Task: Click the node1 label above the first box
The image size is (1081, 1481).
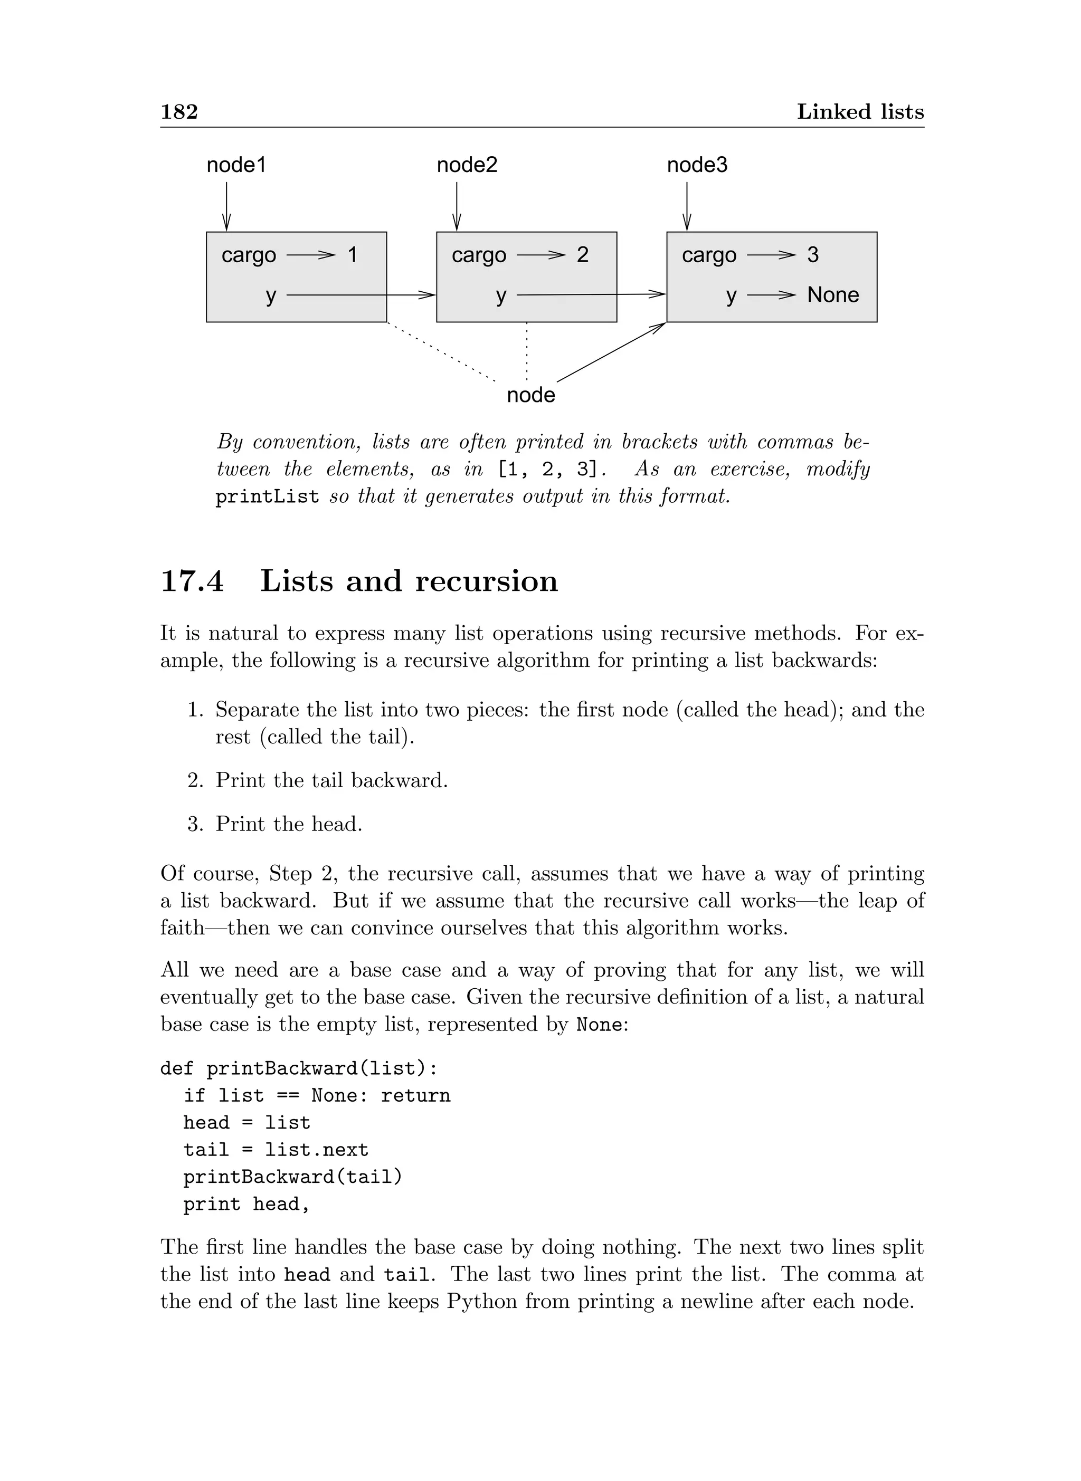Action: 236,165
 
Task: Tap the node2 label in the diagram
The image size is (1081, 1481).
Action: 467,165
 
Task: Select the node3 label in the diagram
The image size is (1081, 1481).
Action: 697,165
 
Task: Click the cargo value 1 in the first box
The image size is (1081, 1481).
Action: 353,254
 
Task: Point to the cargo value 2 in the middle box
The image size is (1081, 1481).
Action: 582,254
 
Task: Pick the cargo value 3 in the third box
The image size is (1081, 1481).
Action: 813,254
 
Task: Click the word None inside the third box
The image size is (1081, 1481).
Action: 832,295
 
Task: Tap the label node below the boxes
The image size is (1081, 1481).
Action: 530,395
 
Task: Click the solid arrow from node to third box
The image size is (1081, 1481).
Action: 611,352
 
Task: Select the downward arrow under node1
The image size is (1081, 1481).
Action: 226,206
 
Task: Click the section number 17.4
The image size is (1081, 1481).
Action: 192,581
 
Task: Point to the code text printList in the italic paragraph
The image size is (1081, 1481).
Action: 267,496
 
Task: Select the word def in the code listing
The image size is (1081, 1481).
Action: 177,1068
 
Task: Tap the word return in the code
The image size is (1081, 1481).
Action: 415,1096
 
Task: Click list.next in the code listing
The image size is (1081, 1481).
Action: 317,1150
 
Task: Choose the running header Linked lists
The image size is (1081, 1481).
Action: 860,112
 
